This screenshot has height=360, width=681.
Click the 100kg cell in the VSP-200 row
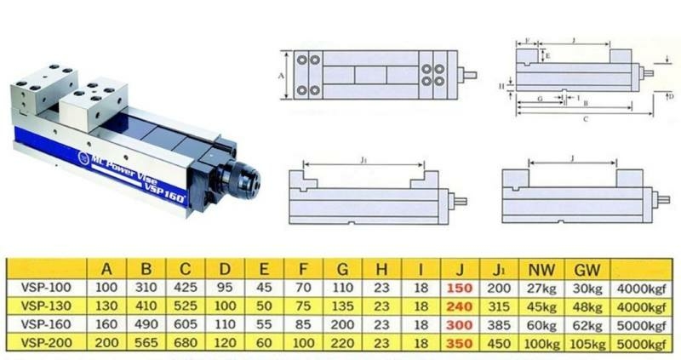click(538, 344)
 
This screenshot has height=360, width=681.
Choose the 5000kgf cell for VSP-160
click(642, 325)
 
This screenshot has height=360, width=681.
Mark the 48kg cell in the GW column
click(585, 306)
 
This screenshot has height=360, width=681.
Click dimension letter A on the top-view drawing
click(282, 75)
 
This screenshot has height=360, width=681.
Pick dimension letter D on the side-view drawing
click(671, 97)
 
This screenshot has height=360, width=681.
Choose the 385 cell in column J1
click(496, 325)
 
